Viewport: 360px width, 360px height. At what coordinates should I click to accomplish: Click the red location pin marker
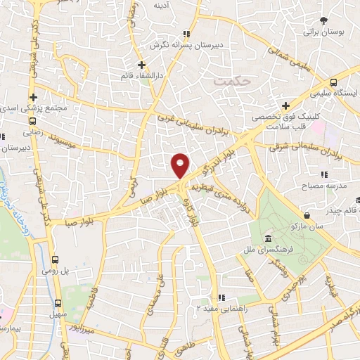180,165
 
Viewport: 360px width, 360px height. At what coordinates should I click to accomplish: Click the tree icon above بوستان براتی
323,21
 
